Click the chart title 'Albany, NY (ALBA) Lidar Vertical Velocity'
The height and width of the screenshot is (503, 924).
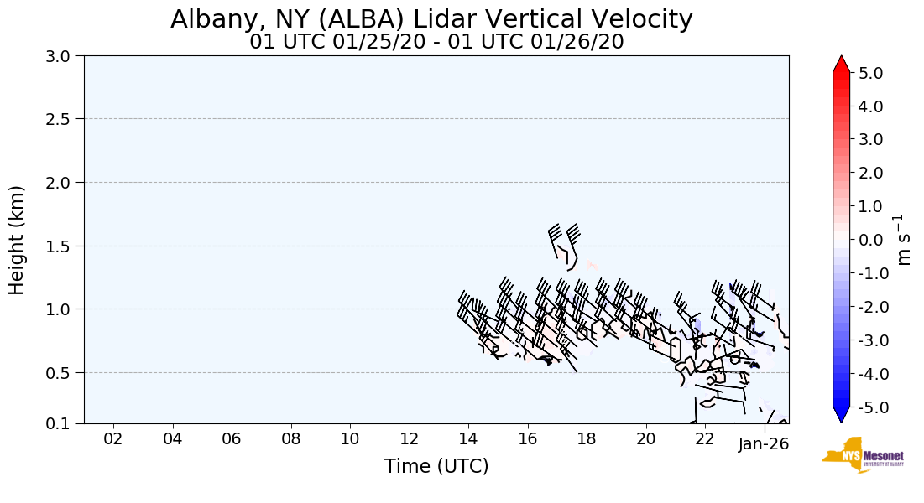tap(431, 18)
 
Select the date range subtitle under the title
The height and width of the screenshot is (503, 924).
tap(436, 42)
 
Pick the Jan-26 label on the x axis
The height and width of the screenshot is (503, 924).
tap(764, 443)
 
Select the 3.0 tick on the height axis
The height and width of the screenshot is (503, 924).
tap(60, 56)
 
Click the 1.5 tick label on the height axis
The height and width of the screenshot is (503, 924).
tap(60, 246)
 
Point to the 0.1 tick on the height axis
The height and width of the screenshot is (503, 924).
tap(60, 423)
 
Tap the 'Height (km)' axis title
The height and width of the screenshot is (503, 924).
tap(17, 240)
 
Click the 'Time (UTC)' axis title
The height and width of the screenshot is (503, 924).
tap(436, 466)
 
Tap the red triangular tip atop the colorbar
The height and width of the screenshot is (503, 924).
tap(841, 64)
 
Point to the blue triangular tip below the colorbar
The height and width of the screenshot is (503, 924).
tap(841, 414)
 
